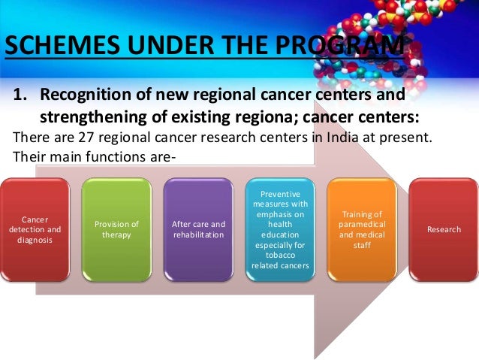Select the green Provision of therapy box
coord(116,228)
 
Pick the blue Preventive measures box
coord(280,228)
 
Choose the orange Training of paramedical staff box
coord(362,228)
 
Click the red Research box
coord(443,228)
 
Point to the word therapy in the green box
coord(116,234)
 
